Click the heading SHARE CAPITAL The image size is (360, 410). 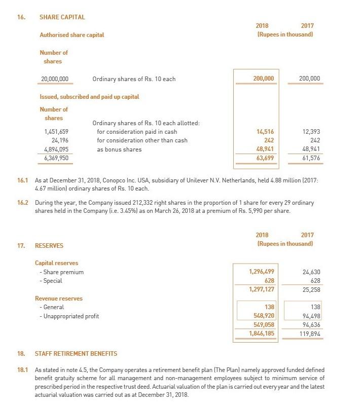[x=62, y=17]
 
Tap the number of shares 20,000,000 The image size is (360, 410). [x=54, y=79]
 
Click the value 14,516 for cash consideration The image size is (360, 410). [x=265, y=132]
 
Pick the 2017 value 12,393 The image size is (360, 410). [x=311, y=132]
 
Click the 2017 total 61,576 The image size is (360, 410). [x=311, y=158]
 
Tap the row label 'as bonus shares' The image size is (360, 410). [x=119, y=150]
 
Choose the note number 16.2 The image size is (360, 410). [x=23, y=203]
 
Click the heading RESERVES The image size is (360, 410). [x=49, y=246]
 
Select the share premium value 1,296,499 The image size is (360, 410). [x=262, y=272]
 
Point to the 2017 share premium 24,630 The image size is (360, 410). [x=311, y=272]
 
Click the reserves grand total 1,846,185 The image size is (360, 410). [x=262, y=334]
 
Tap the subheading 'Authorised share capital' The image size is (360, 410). [x=72, y=35]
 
